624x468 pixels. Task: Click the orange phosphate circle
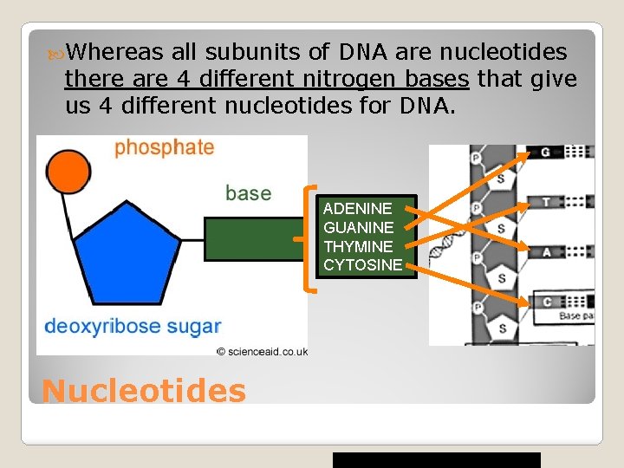pos(68,172)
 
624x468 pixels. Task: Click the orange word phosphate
pos(165,146)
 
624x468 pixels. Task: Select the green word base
pos(248,192)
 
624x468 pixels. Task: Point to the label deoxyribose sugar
pos(133,327)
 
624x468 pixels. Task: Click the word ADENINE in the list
pos(357,209)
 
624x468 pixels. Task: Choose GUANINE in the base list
pos(358,227)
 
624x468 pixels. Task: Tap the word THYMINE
pos(358,246)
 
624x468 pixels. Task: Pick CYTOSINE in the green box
pos(362,265)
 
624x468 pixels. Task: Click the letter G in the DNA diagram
pos(545,153)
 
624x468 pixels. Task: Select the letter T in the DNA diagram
pos(545,202)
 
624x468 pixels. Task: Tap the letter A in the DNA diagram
pos(545,251)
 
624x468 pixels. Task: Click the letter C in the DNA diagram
pos(545,302)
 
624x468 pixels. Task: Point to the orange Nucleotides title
pos(144,391)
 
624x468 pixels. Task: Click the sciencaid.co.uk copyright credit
pos(262,351)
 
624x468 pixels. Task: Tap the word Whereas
pos(113,53)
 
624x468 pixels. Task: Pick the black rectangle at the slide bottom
pos(437,459)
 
